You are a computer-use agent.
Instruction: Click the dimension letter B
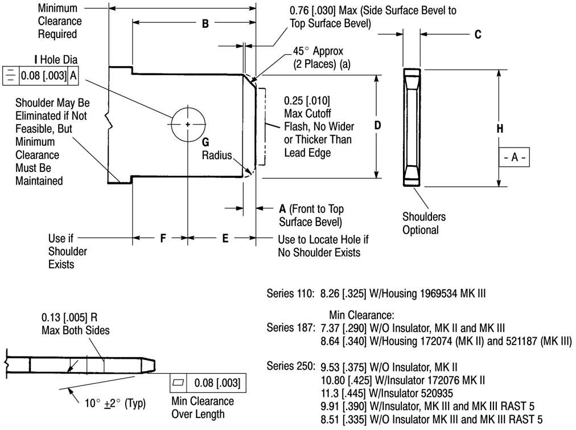pyautogui.click(x=205, y=23)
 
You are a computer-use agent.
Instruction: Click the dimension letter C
pyautogui.click(x=478, y=34)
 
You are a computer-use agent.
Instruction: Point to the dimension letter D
pyautogui.click(x=377, y=125)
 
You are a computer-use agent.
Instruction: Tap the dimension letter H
pyautogui.click(x=500, y=129)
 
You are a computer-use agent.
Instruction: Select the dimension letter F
pyautogui.click(x=162, y=239)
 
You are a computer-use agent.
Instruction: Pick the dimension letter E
pyautogui.click(x=225, y=239)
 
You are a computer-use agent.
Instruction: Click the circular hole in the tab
pyautogui.click(x=188, y=124)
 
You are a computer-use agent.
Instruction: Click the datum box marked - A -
pyautogui.click(x=515, y=158)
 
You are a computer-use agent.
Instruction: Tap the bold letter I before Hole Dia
pyautogui.click(x=36, y=59)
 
